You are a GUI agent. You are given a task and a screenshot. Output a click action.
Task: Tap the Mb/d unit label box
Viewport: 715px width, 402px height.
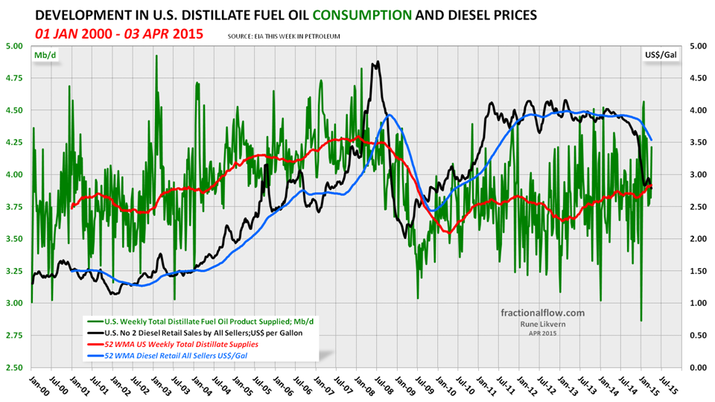[x=42, y=56]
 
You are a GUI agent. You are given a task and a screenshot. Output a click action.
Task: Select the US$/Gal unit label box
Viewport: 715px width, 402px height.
[x=658, y=56]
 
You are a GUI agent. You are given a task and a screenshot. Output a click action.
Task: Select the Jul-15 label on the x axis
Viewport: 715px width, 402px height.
[x=667, y=385]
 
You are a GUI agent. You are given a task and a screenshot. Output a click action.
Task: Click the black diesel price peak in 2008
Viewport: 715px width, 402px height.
[x=378, y=63]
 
